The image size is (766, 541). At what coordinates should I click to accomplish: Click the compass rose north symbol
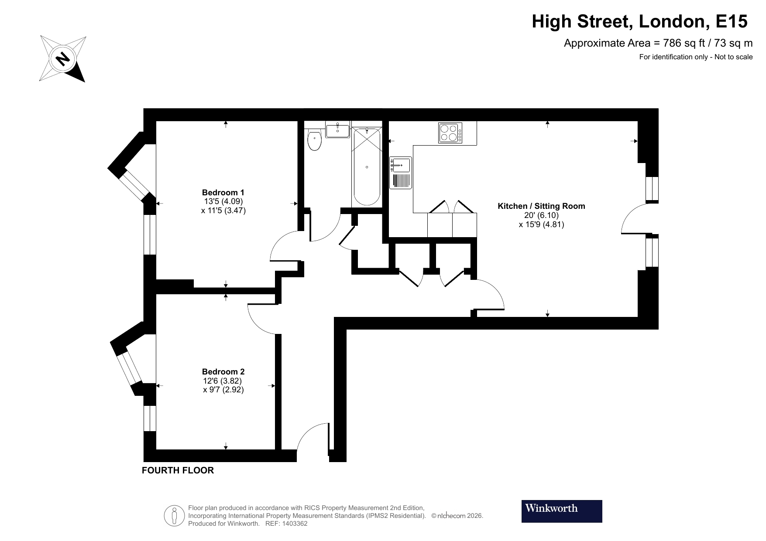[x=63, y=58]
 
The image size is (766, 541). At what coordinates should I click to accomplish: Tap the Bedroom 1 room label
[x=223, y=192]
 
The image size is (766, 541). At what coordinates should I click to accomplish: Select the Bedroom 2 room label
[x=223, y=371]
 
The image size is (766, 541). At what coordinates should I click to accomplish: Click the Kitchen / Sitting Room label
[x=541, y=206]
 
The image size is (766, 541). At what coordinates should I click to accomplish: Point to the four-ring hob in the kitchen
[x=450, y=133]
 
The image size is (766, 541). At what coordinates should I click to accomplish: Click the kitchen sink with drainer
[x=400, y=173]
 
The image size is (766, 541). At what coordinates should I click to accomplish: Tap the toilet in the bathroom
[x=314, y=140]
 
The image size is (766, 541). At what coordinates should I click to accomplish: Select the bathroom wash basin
[x=337, y=129]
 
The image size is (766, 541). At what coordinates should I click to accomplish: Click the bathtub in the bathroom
[x=367, y=167]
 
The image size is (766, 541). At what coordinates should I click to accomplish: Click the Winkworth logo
[x=561, y=511]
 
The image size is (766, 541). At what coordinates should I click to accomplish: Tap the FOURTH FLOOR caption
[x=178, y=470]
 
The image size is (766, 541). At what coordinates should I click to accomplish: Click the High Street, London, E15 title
[x=639, y=21]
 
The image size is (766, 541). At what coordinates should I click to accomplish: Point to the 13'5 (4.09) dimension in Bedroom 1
[x=223, y=201]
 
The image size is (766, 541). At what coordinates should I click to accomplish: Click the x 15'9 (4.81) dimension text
[x=541, y=225]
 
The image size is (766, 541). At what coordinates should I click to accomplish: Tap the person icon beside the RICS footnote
[x=174, y=516]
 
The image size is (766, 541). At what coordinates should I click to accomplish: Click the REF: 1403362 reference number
[x=286, y=524]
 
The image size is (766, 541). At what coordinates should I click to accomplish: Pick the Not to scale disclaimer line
[x=696, y=57]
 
